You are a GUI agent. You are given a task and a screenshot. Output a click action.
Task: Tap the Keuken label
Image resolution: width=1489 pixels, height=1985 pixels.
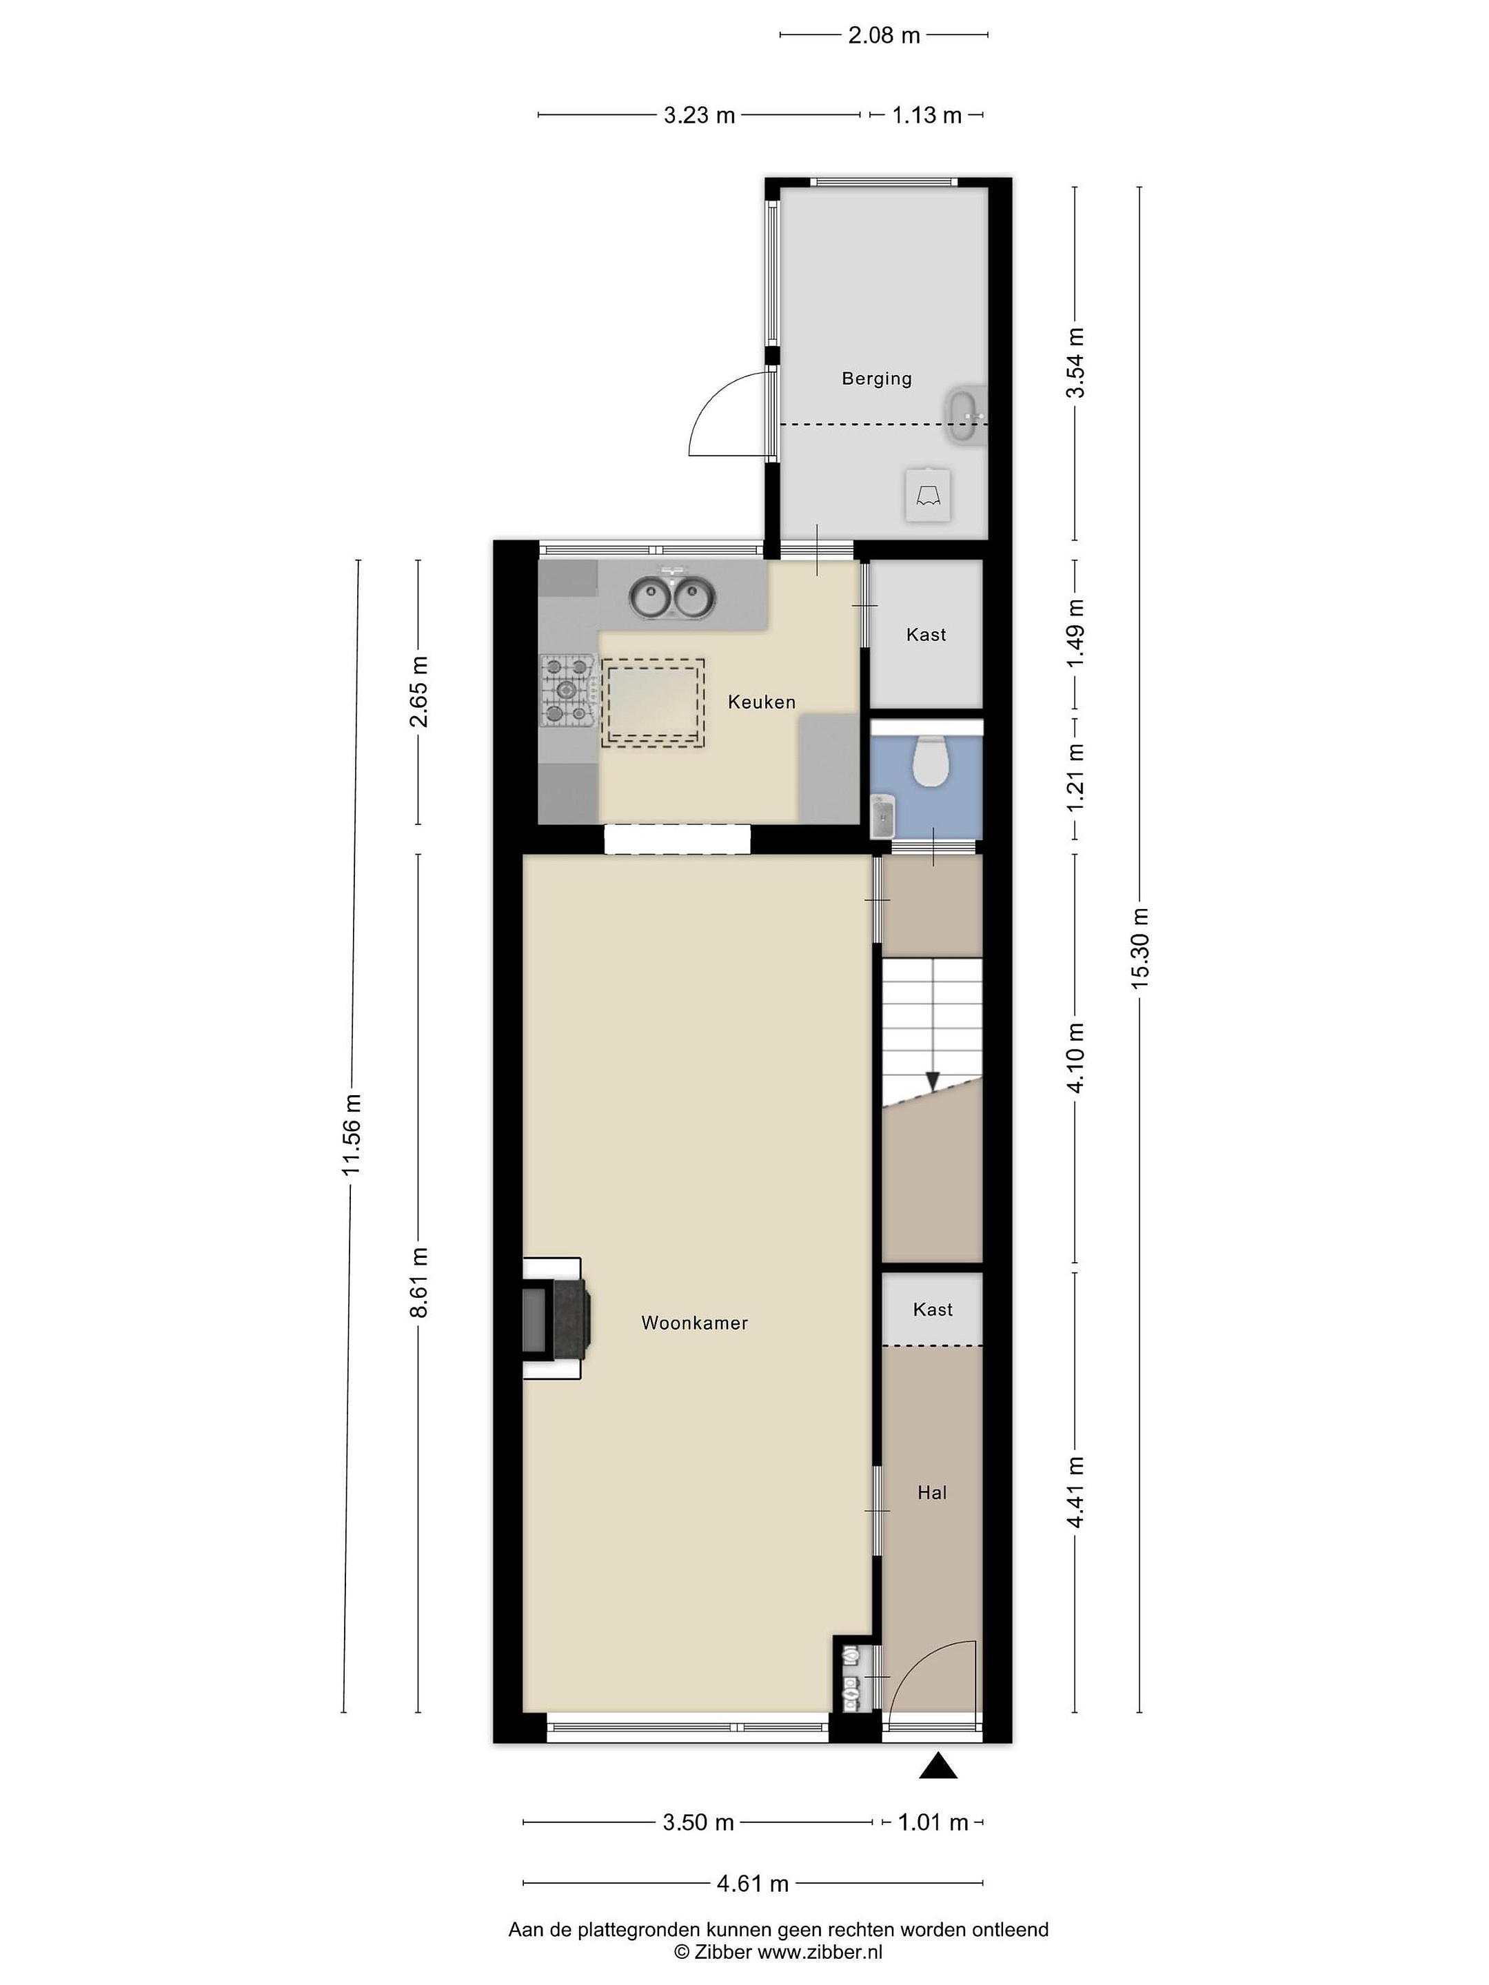(x=761, y=702)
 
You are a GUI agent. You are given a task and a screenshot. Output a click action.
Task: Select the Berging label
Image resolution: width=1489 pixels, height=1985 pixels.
(x=876, y=378)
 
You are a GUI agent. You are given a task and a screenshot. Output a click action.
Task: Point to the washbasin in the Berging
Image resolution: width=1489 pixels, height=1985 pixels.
(x=965, y=416)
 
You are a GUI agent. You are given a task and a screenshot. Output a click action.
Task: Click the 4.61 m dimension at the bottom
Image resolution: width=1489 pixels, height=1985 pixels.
(x=752, y=1883)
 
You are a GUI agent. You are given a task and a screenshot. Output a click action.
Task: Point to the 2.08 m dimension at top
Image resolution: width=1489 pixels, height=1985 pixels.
(x=884, y=35)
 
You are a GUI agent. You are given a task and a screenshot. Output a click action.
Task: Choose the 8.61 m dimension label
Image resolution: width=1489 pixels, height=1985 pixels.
(x=418, y=1283)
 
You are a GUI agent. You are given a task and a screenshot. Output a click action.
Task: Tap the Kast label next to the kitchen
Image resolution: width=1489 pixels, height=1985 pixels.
(x=926, y=635)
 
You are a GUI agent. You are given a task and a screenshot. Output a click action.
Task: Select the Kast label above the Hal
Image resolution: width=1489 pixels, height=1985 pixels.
(x=933, y=1310)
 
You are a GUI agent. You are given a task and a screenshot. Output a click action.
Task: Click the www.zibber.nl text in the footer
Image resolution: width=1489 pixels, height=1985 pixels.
(x=820, y=1952)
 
